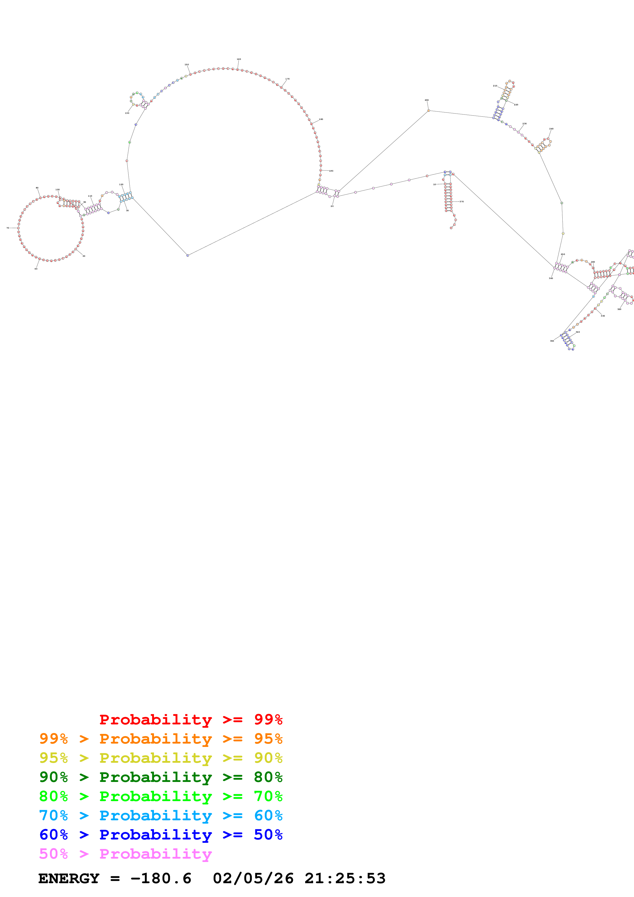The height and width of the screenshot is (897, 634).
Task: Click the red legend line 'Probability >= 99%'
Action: [191, 719]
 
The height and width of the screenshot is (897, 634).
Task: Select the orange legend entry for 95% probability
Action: [161, 738]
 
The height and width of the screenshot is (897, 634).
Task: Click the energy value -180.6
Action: [161, 879]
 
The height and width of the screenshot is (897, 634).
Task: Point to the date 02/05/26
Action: [253, 879]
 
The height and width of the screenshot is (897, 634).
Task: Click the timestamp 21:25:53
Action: [345, 879]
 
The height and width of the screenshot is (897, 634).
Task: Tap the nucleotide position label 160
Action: [239, 59]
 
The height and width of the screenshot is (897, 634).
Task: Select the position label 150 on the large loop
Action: [187, 64]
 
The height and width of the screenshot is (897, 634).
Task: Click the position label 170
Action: [287, 79]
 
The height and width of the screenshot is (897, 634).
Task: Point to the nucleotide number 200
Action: [427, 100]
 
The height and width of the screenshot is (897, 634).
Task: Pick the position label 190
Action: [331, 171]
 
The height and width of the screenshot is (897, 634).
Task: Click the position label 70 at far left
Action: [7, 228]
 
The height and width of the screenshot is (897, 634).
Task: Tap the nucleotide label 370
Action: [461, 201]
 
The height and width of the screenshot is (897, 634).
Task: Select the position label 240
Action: [551, 129]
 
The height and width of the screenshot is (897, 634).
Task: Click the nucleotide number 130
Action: [127, 113]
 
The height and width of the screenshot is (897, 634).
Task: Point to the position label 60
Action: [36, 268]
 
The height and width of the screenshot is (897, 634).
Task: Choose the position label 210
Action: [495, 86]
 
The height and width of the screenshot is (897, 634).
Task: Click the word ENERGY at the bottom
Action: [69, 879]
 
